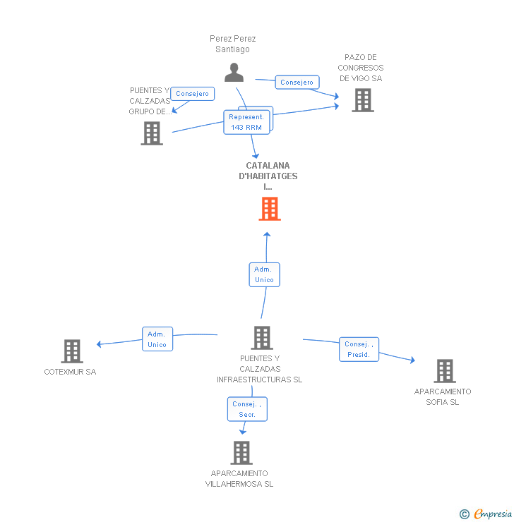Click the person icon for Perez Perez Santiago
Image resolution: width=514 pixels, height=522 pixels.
(x=234, y=72)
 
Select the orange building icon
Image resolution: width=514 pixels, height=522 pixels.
(x=269, y=209)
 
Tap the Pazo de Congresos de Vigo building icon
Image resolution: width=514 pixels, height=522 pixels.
(x=362, y=100)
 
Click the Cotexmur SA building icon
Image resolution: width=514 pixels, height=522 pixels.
(x=71, y=351)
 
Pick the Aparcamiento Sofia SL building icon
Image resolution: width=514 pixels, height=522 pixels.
(x=444, y=371)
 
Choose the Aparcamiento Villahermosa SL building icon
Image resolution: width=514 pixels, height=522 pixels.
(x=241, y=453)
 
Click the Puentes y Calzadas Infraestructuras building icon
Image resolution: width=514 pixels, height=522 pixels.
(x=261, y=338)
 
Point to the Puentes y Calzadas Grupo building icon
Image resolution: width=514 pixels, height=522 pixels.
(x=152, y=133)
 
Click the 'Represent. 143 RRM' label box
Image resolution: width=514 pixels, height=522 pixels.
(x=246, y=122)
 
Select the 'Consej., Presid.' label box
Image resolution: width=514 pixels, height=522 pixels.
(x=359, y=349)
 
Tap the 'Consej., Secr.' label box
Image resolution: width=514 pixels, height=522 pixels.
(x=247, y=409)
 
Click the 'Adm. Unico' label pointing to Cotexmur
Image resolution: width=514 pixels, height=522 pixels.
(x=157, y=339)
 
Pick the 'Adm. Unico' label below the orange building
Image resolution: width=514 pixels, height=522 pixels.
(x=265, y=275)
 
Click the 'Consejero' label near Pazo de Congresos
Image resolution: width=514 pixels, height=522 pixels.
(x=297, y=83)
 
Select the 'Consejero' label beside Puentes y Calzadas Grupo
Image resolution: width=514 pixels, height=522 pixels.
(x=192, y=94)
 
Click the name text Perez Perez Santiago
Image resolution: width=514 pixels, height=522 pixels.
(x=233, y=44)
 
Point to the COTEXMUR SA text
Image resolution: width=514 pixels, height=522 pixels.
(x=70, y=372)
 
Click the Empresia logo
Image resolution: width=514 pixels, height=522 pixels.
(x=486, y=514)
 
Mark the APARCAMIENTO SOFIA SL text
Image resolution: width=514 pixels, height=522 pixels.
(x=443, y=396)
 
